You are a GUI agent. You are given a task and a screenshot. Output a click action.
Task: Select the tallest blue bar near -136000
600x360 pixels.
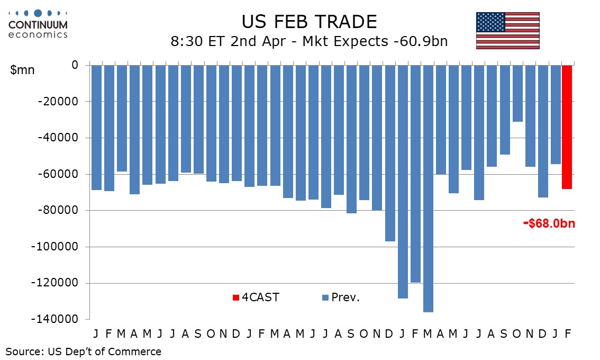click(x=428, y=188)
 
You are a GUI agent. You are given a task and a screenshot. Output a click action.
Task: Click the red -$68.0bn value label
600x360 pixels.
click(x=549, y=223)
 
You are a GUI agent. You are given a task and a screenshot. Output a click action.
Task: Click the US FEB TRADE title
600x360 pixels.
click(x=309, y=22)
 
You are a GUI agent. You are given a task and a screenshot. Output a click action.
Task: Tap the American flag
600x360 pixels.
click(x=507, y=31)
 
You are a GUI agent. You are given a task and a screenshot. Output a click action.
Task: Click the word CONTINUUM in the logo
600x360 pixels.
click(x=38, y=24)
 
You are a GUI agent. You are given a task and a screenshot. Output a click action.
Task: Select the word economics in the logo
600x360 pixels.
click(x=38, y=34)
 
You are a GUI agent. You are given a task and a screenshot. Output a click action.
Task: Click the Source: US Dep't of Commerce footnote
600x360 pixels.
click(x=84, y=351)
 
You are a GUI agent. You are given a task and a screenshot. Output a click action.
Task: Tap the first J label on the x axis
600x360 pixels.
click(x=96, y=334)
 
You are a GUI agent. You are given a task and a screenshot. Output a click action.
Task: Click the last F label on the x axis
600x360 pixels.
click(x=567, y=334)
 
